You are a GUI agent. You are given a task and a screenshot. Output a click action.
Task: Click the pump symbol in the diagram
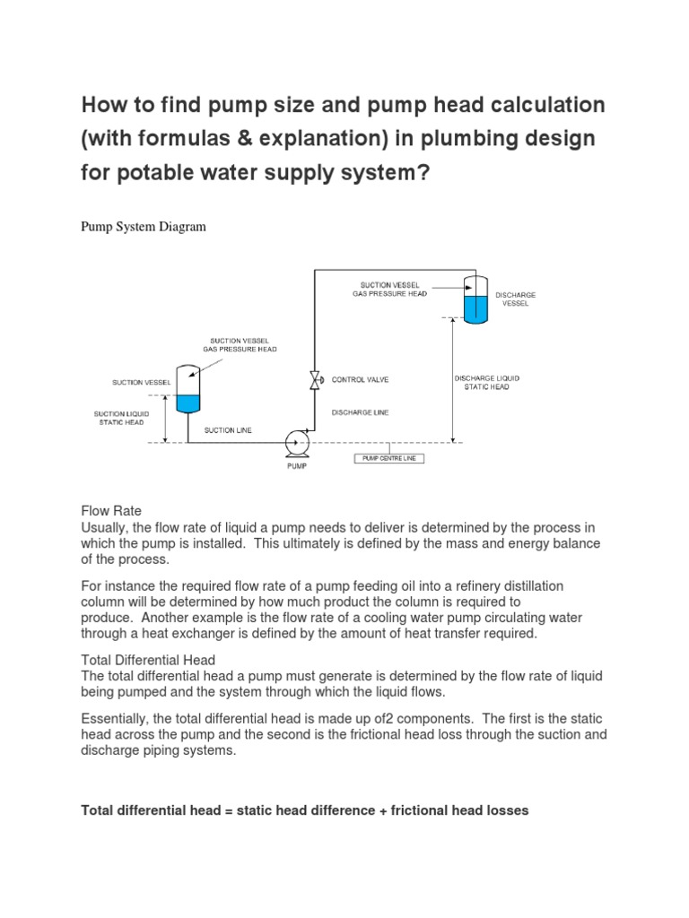pos(297,441)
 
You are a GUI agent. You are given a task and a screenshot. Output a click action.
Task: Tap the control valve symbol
pos(315,380)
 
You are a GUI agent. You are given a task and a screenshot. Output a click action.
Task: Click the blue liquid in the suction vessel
pos(188,403)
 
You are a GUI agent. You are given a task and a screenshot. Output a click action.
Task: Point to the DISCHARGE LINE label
pos(359,412)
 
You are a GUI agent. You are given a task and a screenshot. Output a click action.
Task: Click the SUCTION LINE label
pos(228,430)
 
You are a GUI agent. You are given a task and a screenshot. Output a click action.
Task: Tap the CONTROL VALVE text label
pos(361,380)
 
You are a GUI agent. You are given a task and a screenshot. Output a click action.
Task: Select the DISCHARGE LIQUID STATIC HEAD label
pos(486,382)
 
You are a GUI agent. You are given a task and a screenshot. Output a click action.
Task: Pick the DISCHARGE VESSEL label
pos(515,299)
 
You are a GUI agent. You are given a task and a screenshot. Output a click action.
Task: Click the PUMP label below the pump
pos(297,467)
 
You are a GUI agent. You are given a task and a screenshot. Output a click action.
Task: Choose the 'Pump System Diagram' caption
pos(144,227)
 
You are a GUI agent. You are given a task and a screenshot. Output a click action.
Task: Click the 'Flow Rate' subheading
pos(111,510)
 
